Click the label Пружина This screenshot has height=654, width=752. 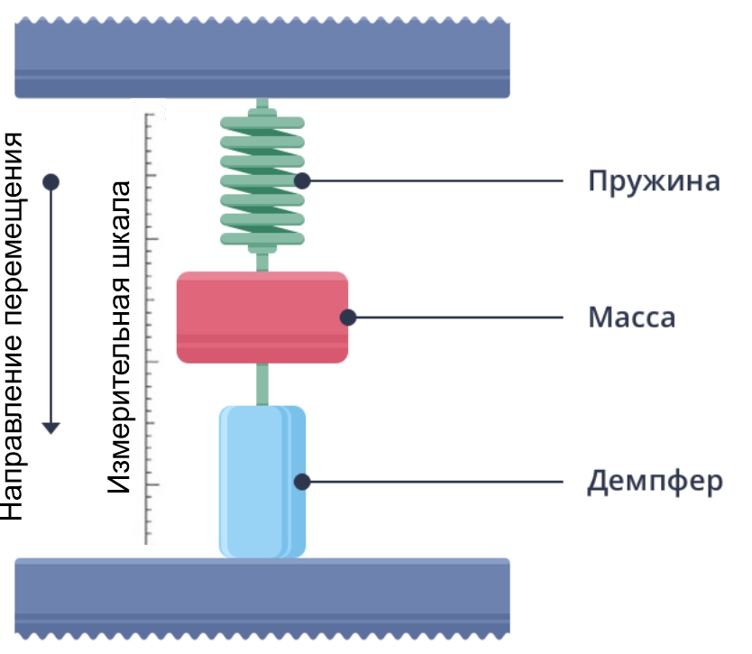(654, 181)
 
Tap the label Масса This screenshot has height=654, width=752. (631, 318)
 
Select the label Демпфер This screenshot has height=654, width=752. (655, 482)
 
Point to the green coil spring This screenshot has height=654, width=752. (262, 180)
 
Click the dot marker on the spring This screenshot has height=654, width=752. (303, 180)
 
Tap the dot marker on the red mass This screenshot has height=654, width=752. (348, 318)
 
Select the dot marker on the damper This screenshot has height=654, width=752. (303, 482)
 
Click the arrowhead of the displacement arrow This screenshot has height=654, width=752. (51, 427)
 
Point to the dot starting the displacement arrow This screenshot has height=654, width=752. (51, 181)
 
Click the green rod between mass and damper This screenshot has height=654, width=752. (262, 383)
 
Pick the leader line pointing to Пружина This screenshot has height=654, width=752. (442, 180)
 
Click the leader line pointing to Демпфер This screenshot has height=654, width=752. (442, 482)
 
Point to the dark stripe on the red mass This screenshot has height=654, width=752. (262, 340)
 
